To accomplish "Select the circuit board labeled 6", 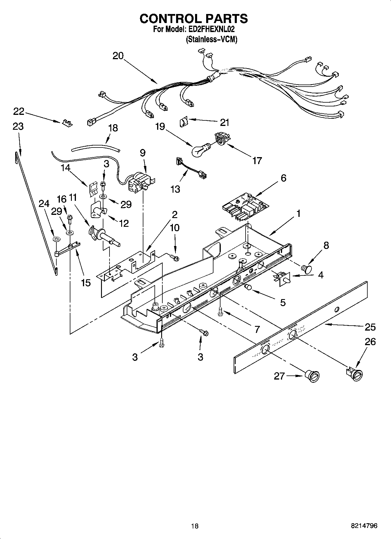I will (x=245, y=207).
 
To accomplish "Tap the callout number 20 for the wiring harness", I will (x=118, y=56).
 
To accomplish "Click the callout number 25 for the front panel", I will (x=370, y=327).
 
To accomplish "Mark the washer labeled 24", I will (x=55, y=239).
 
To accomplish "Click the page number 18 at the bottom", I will (x=195, y=526).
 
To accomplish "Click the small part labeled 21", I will (x=183, y=122).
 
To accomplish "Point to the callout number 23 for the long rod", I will (x=18, y=127).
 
